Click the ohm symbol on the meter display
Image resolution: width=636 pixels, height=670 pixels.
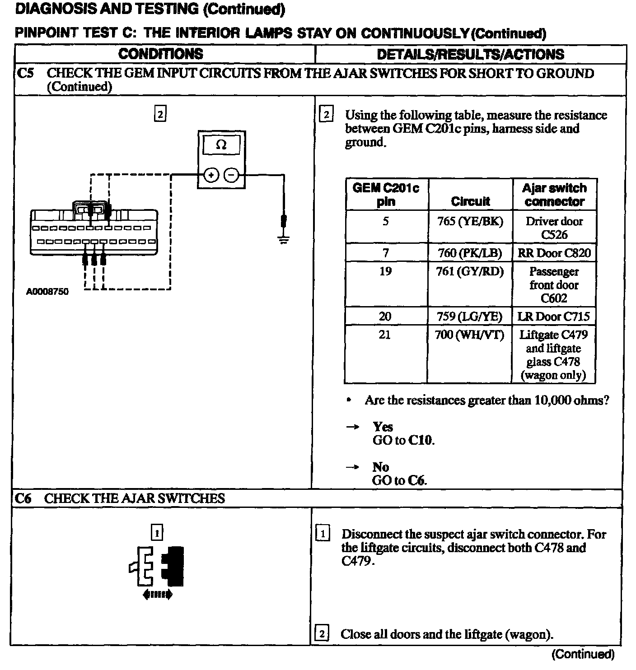pyautogui.click(x=221, y=145)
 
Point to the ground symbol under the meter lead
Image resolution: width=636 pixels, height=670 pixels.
pyautogui.click(x=283, y=240)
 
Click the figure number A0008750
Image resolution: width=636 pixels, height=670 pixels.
pyautogui.click(x=47, y=292)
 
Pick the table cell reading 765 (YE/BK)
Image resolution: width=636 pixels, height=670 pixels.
pyautogui.click(x=470, y=221)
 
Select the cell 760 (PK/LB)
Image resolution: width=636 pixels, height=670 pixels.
pyautogui.click(x=470, y=253)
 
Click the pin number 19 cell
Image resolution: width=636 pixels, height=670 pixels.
pyautogui.click(x=385, y=271)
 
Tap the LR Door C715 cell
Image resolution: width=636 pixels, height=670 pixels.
pyautogui.click(x=554, y=316)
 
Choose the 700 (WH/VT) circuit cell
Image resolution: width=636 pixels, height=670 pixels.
pyautogui.click(x=470, y=335)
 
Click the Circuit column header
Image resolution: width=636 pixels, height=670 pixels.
pyautogui.click(x=470, y=201)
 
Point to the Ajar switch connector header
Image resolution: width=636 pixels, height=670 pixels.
pyautogui.click(x=554, y=195)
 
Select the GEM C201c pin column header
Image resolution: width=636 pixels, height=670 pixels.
pyautogui.click(x=386, y=195)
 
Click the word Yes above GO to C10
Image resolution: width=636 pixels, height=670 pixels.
pyautogui.click(x=383, y=427)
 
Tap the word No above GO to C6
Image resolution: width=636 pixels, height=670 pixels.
pyautogui.click(x=380, y=467)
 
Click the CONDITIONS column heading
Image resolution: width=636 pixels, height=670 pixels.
pyautogui.click(x=160, y=54)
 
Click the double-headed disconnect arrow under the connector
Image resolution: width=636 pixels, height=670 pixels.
pyautogui.click(x=157, y=595)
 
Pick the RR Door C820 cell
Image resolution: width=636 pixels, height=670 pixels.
pyautogui.click(x=554, y=253)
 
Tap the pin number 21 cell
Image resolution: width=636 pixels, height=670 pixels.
pyautogui.click(x=385, y=335)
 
